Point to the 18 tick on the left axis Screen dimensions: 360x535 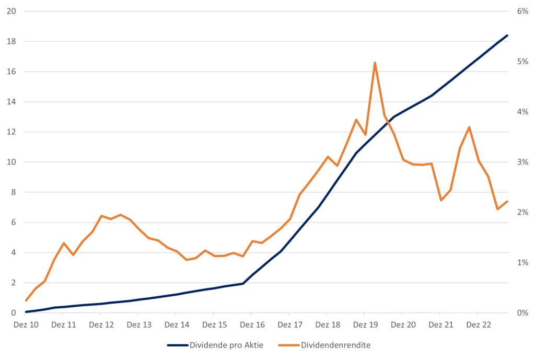click(x=11, y=41)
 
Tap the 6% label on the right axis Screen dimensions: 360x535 click(x=522, y=11)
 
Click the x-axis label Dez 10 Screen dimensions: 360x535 click(x=26, y=324)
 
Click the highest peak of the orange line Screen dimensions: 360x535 click(x=375, y=63)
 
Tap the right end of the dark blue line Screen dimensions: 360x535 click(x=507, y=35)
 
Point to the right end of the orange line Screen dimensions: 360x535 click(x=507, y=202)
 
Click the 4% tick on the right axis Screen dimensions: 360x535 click(x=522, y=112)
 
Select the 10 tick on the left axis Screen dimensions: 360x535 click(x=11, y=162)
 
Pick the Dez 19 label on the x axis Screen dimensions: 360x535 click(x=365, y=324)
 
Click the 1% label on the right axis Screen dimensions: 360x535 click(x=522, y=263)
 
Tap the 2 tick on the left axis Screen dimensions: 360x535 click(x=14, y=283)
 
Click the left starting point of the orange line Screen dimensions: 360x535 click(x=26, y=300)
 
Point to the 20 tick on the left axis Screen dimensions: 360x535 click(x=11, y=11)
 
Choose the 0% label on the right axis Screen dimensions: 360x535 click(x=522, y=313)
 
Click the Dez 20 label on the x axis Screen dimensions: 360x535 click(x=403, y=324)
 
